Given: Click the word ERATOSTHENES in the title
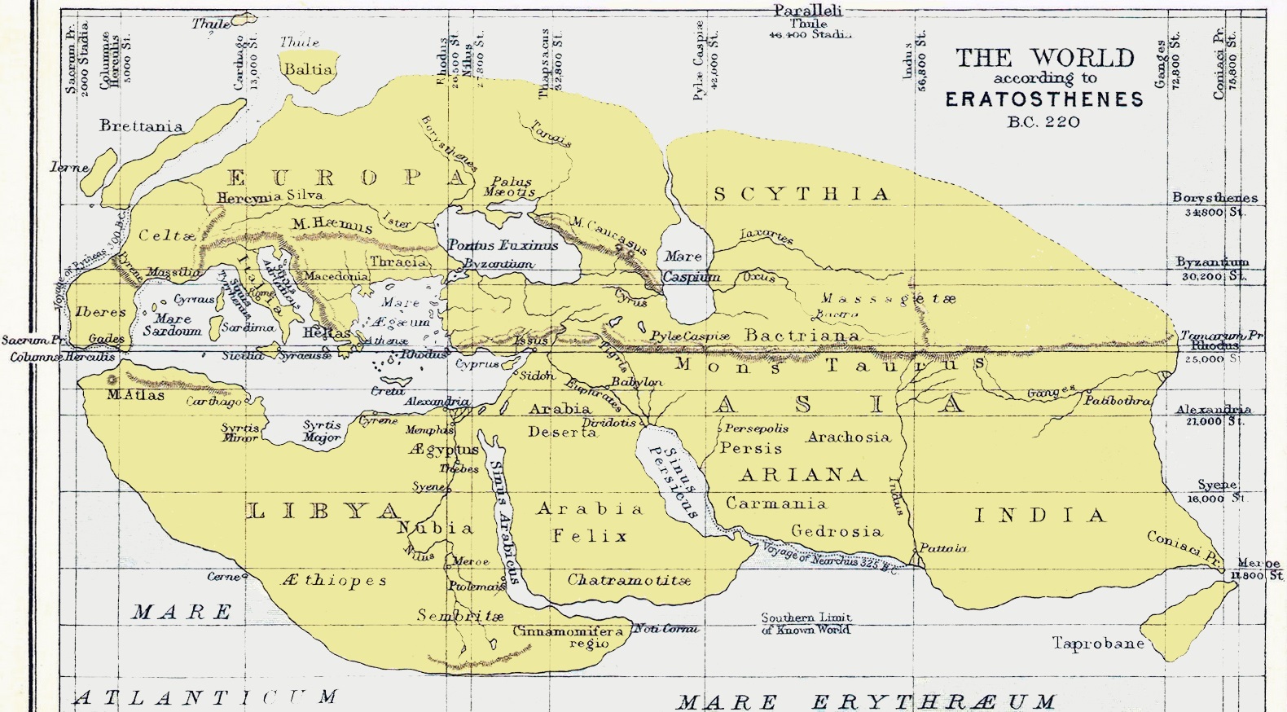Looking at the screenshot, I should coord(1044,99).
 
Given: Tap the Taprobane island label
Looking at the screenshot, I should coord(1098,644).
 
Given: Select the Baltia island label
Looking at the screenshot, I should coord(308,69).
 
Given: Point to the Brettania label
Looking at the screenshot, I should coord(141,125).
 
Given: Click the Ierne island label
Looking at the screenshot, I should coord(69,167).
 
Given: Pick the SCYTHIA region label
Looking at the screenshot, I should coord(802,194).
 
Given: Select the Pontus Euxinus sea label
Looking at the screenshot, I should coord(503,244).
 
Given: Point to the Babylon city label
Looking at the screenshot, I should coord(636,381).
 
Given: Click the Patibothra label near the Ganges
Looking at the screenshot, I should coord(1116,401).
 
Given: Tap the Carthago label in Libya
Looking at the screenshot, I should coord(214,402).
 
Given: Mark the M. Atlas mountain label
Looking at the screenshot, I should coord(135,395).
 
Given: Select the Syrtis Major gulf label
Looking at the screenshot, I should coord(322,431).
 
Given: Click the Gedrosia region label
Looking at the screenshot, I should coord(837,531).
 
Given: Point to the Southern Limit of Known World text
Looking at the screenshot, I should coord(806,623).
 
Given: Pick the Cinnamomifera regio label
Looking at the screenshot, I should coord(568,637).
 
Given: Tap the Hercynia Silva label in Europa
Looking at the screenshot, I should coord(269,196).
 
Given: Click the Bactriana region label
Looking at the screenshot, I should coord(802,335).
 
